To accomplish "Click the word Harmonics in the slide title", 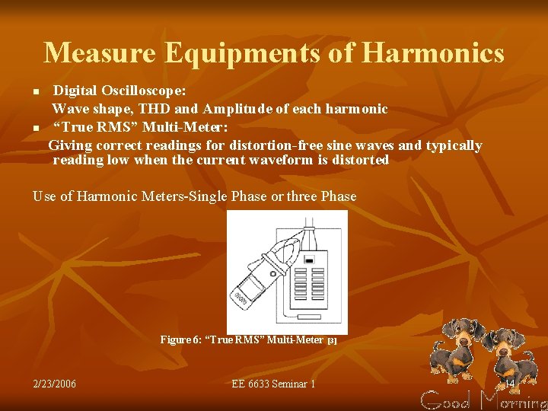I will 433,53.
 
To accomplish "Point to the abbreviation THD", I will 155,109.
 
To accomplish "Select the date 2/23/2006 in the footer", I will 55,384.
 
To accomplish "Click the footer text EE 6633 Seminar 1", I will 273,384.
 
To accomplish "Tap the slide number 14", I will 510,383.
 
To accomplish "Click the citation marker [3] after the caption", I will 332,341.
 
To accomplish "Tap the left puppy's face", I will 459,336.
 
